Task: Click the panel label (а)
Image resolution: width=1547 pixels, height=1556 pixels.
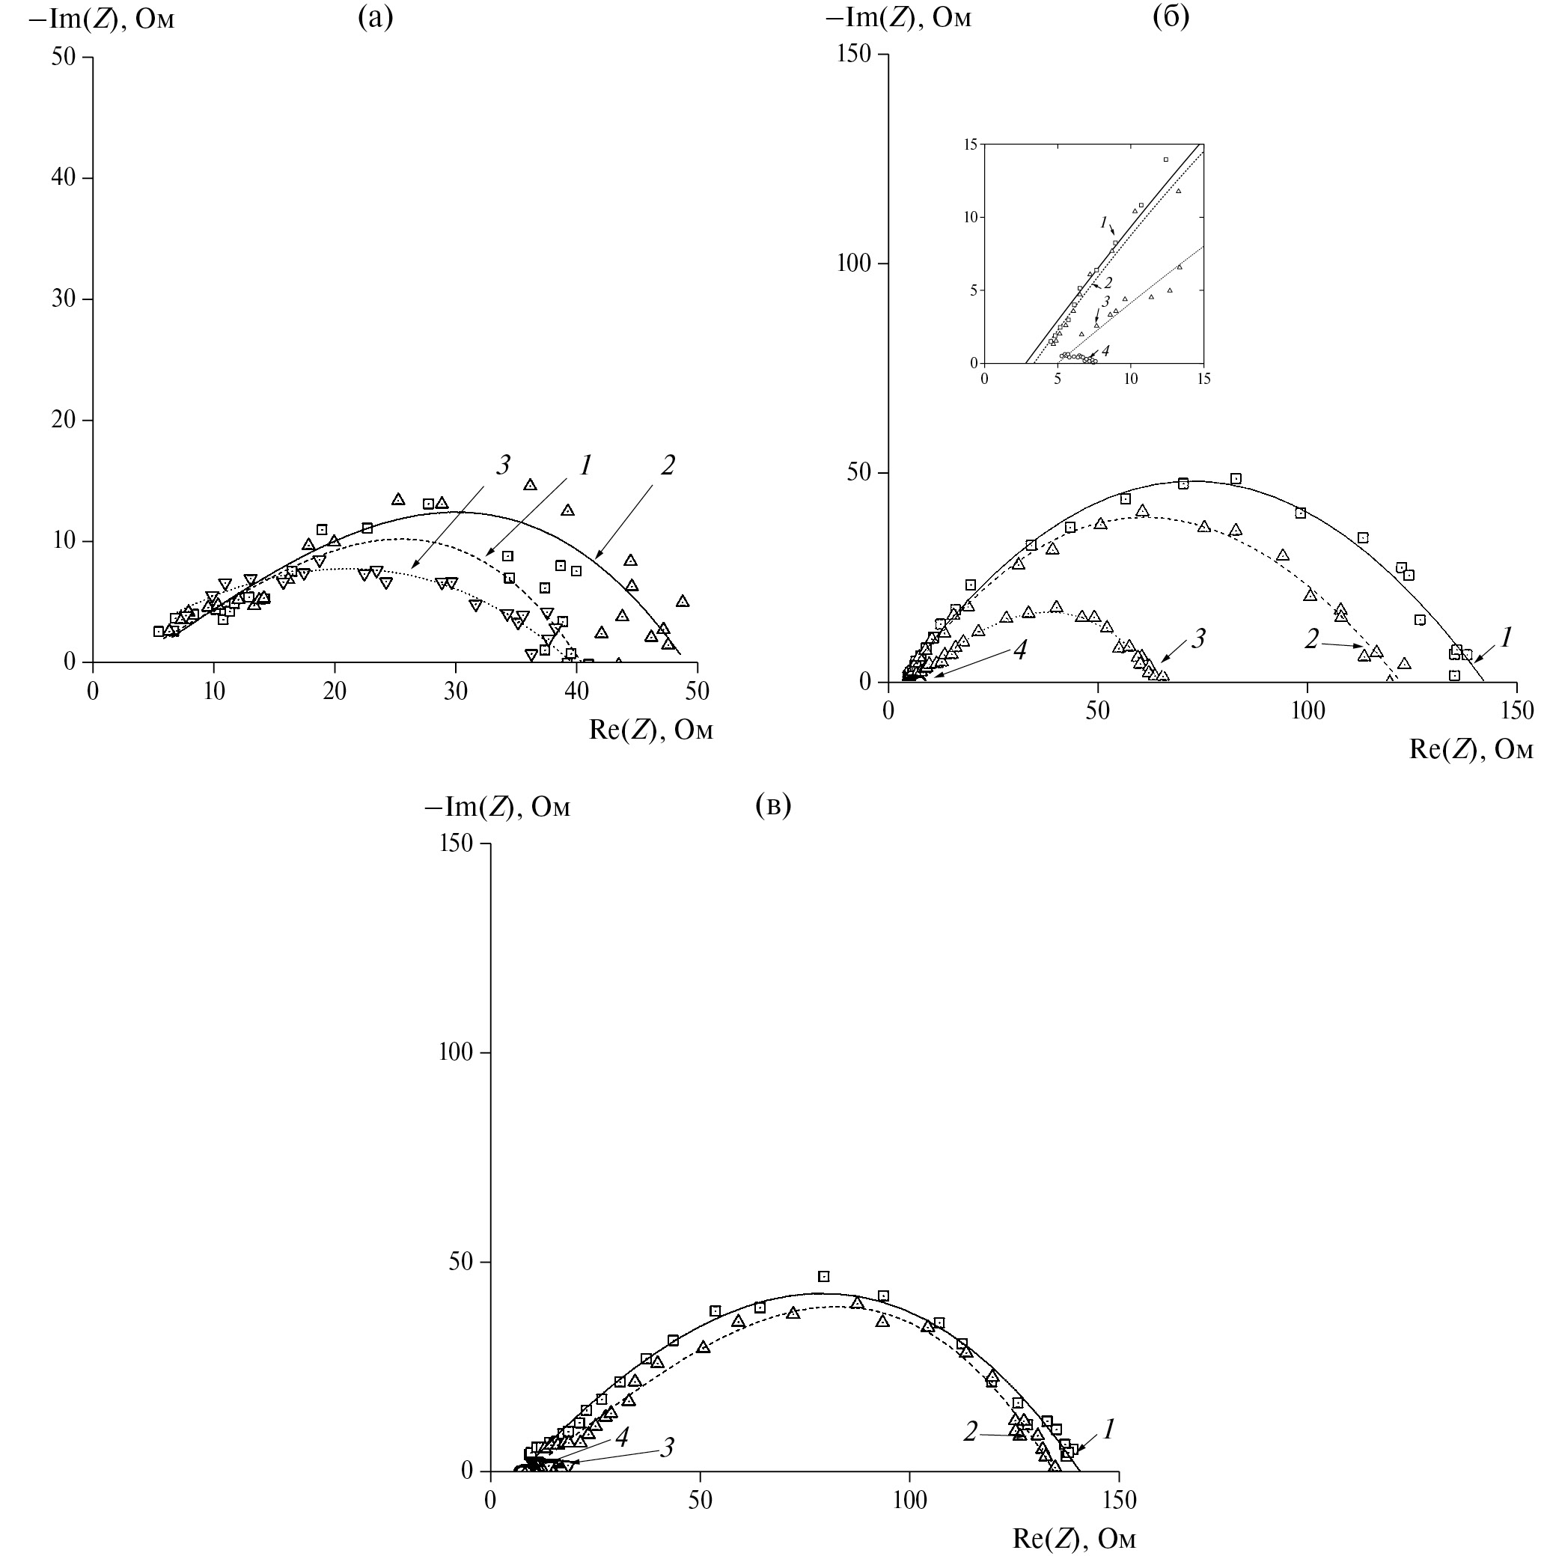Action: click(x=375, y=18)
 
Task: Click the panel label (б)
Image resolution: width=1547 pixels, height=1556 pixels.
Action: click(x=1171, y=16)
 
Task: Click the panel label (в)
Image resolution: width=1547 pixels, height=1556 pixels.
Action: click(x=774, y=805)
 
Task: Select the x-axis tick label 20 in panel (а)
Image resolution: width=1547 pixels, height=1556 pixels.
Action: click(x=335, y=692)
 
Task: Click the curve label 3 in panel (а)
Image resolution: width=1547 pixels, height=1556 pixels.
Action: click(x=504, y=466)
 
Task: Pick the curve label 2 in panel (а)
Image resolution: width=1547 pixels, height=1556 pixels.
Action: click(x=667, y=466)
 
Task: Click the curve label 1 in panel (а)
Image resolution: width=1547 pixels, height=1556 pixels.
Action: click(x=585, y=466)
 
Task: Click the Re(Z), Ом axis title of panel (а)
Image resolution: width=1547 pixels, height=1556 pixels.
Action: click(x=650, y=730)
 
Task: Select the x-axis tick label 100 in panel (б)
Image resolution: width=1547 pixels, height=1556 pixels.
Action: click(x=1307, y=711)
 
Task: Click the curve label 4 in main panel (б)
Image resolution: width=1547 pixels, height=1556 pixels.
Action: click(x=1019, y=650)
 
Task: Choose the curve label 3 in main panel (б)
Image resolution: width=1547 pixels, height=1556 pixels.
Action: click(x=1197, y=639)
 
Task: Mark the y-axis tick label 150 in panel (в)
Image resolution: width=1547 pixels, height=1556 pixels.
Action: click(x=456, y=843)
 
